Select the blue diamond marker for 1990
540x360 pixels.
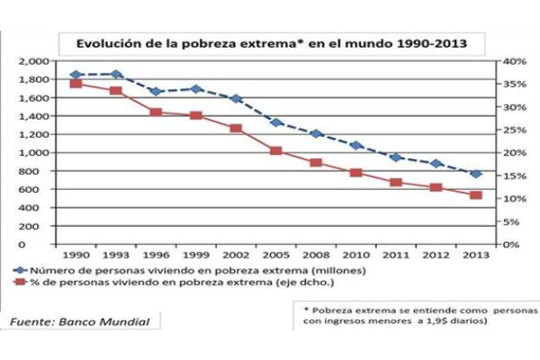pos(76,75)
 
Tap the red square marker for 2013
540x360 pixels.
pos(476,195)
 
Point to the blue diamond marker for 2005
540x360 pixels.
pos(275,122)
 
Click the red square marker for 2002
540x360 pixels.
pos(236,129)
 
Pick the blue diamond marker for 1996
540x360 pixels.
pos(156,92)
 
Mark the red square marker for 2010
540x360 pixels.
pos(355,173)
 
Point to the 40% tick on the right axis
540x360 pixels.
pos(514,61)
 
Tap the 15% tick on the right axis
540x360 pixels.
pos(514,175)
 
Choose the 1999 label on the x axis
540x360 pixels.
pos(195,256)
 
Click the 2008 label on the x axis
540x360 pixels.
pos(315,256)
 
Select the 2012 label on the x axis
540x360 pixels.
pos(436,256)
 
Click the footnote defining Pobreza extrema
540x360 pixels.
pos(416,316)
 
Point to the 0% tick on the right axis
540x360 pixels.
pos(510,244)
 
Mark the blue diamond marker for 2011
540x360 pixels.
pos(396,157)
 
